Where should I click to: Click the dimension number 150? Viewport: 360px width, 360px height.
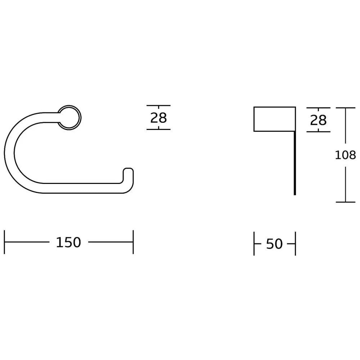[x=68, y=242]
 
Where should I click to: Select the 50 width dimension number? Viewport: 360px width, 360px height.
[x=274, y=244]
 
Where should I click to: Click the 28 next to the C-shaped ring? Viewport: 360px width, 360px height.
[x=158, y=117]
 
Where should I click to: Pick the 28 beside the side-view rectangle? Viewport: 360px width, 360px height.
[x=318, y=120]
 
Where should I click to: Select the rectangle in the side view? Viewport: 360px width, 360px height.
[x=275, y=119]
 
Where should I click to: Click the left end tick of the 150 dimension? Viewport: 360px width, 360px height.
[x=4, y=242]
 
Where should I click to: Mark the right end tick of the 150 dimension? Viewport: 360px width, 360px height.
[x=133, y=242]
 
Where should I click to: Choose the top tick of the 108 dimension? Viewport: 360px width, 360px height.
[x=345, y=108]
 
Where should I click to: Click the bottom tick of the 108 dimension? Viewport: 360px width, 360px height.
[x=345, y=202]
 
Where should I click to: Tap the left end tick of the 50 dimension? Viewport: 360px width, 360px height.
[x=254, y=244]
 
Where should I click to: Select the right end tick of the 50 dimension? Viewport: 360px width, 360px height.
[x=295, y=244]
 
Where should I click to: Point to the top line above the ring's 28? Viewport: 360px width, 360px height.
[x=158, y=106]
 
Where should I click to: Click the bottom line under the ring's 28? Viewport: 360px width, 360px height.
[x=158, y=129]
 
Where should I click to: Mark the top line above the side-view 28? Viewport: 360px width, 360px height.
[x=318, y=108]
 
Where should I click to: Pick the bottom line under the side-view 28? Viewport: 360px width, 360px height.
[x=318, y=131]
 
